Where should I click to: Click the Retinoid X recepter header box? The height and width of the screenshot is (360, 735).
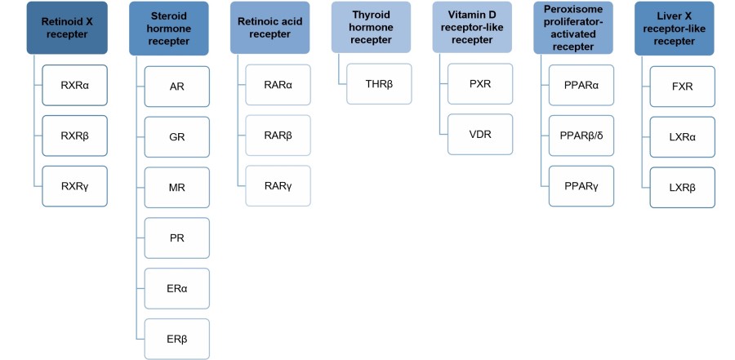(67, 29)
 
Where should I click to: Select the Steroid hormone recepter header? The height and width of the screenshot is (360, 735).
(168, 29)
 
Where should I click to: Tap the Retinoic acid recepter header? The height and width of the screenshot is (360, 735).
(269, 29)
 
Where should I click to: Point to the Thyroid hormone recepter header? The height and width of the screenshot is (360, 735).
(371, 27)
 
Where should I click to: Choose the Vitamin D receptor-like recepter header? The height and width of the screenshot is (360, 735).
(472, 29)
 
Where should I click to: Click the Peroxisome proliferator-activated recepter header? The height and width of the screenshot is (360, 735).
(573, 29)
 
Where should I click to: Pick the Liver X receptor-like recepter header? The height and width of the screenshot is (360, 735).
(675, 29)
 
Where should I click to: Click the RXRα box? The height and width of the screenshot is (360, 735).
(75, 86)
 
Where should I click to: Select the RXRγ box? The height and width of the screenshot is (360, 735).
(75, 187)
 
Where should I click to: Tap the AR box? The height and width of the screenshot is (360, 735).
(176, 87)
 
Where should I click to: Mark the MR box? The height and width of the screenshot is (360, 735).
(176, 188)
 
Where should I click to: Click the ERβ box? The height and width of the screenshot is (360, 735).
(176, 339)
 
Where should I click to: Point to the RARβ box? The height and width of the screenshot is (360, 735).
(278, 136)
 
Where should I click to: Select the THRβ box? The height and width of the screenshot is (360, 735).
(379, 84)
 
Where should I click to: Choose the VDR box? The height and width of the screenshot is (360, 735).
(480, 135)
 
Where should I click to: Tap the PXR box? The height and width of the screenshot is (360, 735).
(480, 84)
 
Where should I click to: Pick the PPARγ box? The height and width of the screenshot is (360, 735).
(581, 187)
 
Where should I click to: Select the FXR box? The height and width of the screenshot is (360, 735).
(683, 87)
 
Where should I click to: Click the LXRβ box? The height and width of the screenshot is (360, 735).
(683, 188)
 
